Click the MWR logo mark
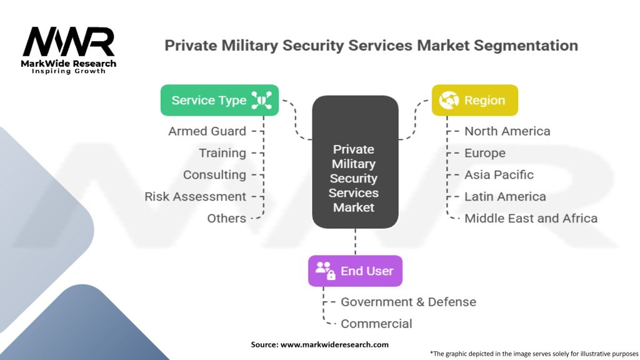click(69, 42)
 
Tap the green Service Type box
click(219, 100)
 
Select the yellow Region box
click(475, 100)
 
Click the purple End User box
click(355, 271)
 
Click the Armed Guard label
click(207, 131)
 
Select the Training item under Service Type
click(222, 153)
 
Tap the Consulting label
click(214, 175)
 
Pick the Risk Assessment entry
click(196, 196)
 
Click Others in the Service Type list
click(227, 218)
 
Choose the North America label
click(507, 131)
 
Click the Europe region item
click(485, 153)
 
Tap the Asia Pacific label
click(499, 175)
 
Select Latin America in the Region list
click(505, 196)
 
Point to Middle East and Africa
click(531, 218)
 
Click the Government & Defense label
click(408, 302)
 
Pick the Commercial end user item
click(376, 324)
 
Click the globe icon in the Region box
click(449, 100)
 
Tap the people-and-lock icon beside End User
click(326, 271)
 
